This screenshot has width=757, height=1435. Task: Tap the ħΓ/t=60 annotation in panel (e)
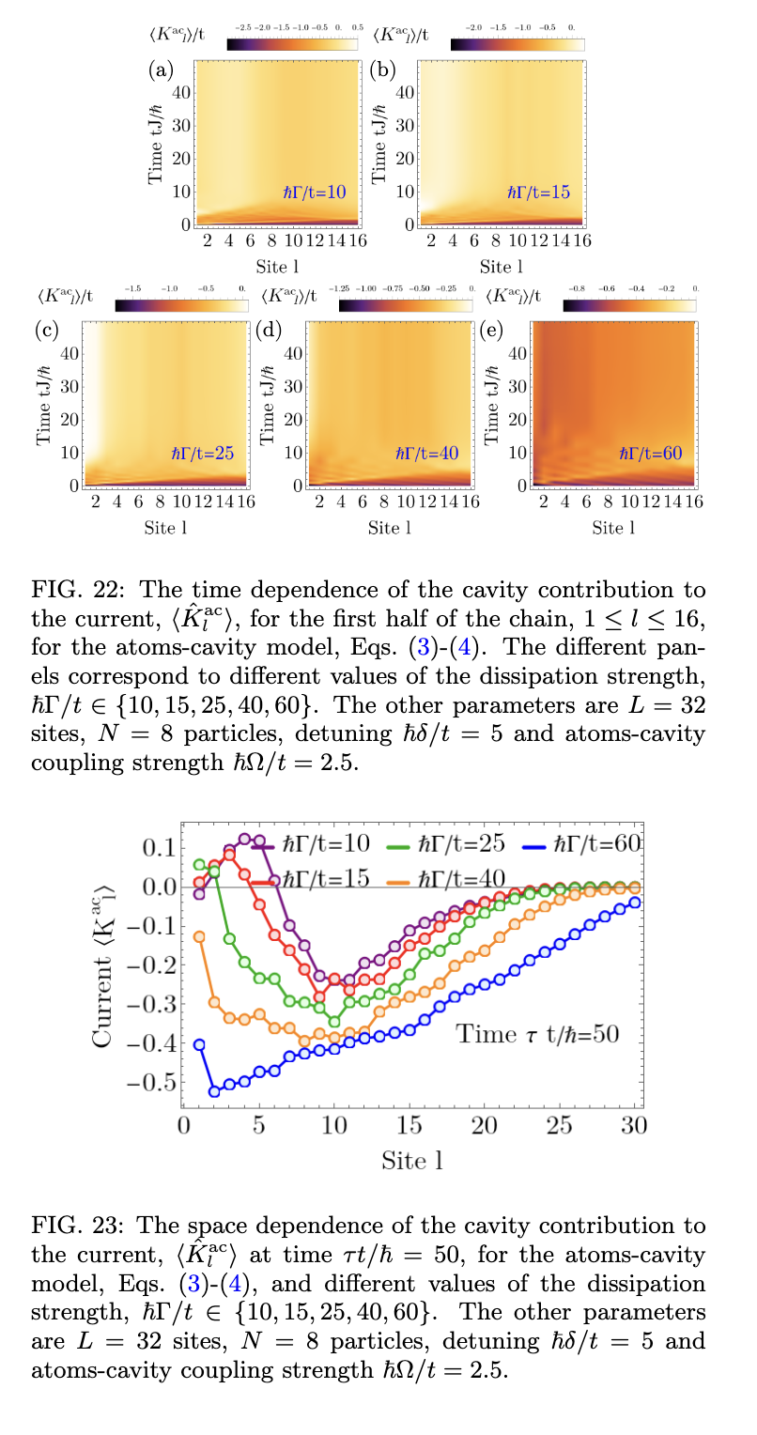click(650, 453)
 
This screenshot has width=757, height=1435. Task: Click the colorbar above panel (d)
click(405, 305)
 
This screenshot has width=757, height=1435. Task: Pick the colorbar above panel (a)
click(292, 44)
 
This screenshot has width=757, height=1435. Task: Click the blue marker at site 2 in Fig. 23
click(214, 1090)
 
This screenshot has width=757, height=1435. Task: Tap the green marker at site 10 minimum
click(333, 1021)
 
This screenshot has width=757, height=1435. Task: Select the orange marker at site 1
click(199, 936)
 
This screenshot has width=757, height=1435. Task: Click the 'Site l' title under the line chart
click(411, 1160)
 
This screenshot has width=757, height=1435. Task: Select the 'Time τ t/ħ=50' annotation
click(536, 1034)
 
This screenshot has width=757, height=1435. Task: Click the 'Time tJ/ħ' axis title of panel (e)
click(491, 400)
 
